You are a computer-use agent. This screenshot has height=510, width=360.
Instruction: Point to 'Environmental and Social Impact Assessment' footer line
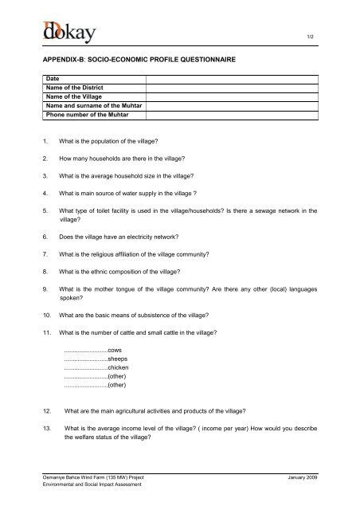[x=93, y=484]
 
